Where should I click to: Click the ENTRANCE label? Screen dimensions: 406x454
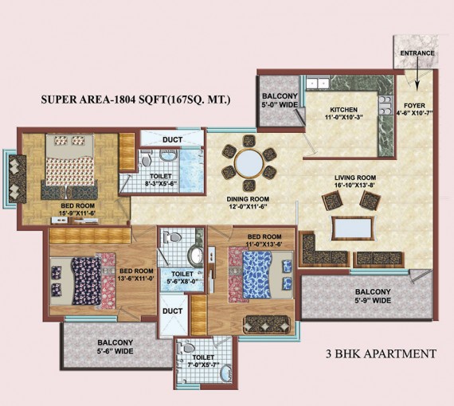pyautogui.click(x=417, y=53)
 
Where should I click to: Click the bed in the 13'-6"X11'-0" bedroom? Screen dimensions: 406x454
pyautogui.click(x=84, y=278)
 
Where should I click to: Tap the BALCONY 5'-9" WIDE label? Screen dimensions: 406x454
pyautogui.click(x=372, y=297)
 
